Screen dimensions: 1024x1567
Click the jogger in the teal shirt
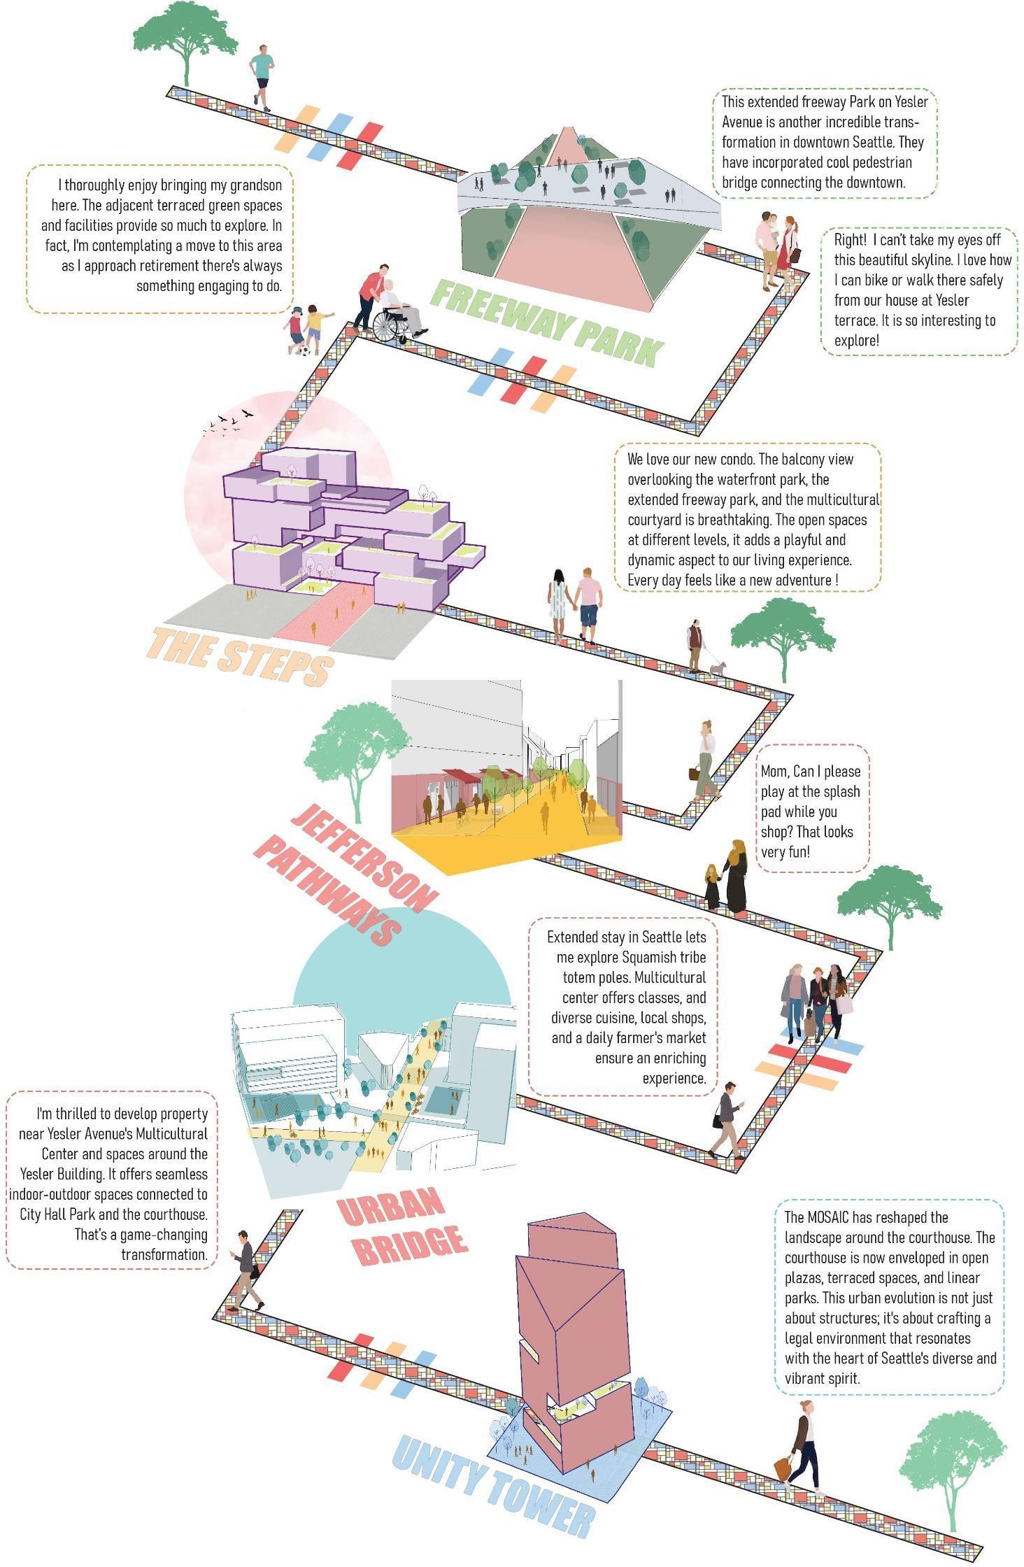[262, 77]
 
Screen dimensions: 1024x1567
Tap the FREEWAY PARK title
[546, 322]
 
